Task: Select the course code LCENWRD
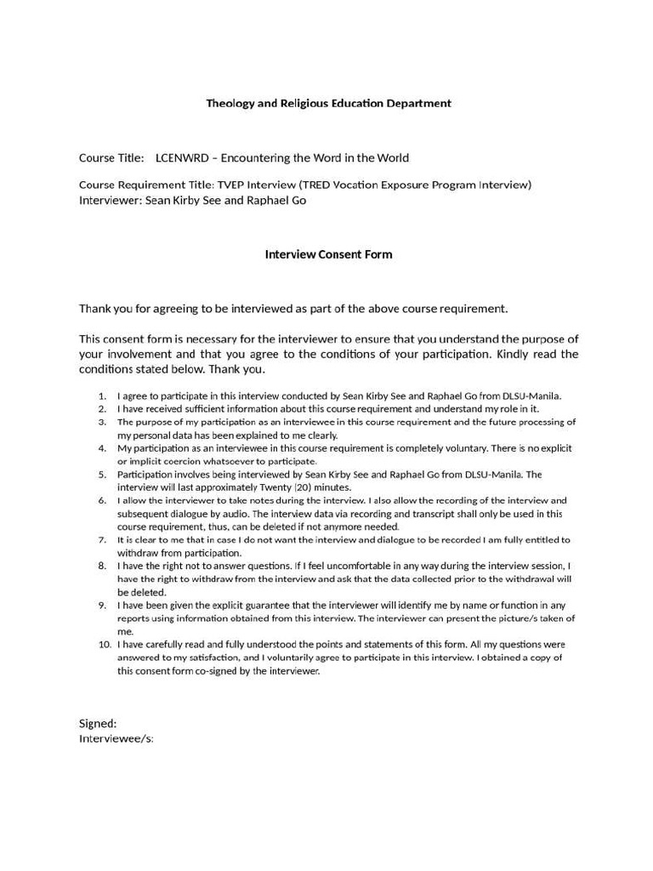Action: (x=182, y=157)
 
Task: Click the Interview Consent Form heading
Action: (x=328, y=254)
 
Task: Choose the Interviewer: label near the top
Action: (x=111, y=201)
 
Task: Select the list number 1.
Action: (x=102, y=396)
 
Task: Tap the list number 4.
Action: (x=102, y=447)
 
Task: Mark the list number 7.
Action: (x=102, y=539)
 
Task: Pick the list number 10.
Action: (x=105, y=644)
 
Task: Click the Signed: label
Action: (x=98, y=723)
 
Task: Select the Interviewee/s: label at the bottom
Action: (x=116, y=738)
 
